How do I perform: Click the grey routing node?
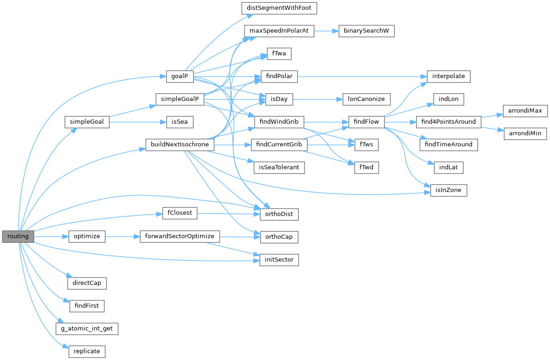click(18, 236)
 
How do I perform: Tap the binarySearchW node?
click(367, 31)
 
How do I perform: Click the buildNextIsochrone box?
click(179, 144)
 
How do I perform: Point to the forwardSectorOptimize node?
click(179, 236)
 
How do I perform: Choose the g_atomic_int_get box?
click(87, 329)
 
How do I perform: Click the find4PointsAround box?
click(448, 122)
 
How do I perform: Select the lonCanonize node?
click(366, 99)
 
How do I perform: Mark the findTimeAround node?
click(448, 144)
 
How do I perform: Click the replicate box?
click(87, 351)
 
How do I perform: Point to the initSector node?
click(280, 260)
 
